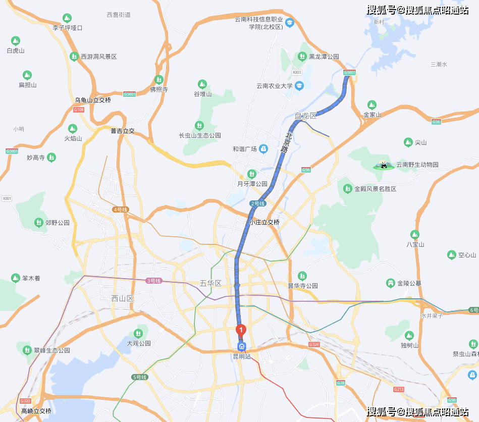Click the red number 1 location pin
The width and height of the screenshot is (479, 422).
(x=241, y=330)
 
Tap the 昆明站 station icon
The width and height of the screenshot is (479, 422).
(x=242, y=346)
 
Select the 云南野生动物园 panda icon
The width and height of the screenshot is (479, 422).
(x=384, y=165)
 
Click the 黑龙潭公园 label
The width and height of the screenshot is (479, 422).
(x=324, y=57)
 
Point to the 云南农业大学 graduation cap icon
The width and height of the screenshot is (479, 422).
(x=300, y=86)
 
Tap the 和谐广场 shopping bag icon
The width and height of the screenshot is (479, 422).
(x=263, y=149)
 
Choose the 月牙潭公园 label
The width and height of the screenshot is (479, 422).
(x=252, y=184)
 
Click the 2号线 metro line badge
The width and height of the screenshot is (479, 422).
(x=257, y=203)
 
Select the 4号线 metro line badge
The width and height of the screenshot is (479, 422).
(x=121, y=209)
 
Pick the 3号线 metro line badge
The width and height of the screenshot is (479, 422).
(x=153, y=281)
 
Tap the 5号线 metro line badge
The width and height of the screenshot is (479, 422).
(x=139, y=377)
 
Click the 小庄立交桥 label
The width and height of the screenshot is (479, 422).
(x=264, y=222)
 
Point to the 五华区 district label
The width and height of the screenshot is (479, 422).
(x=210, y=283)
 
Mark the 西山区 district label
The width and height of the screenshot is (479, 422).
(x=123, y=298)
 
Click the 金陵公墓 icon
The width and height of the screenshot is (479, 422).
(x=390, y=283)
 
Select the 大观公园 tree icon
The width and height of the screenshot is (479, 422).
(x=138, y=333)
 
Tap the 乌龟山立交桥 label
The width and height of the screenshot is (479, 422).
(x=93, y=100)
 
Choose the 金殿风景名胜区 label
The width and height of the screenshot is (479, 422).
(x=375, y=189)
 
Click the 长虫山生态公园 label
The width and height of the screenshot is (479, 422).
(x=200, y=135)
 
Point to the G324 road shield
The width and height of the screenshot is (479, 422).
(x=314, y=344)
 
